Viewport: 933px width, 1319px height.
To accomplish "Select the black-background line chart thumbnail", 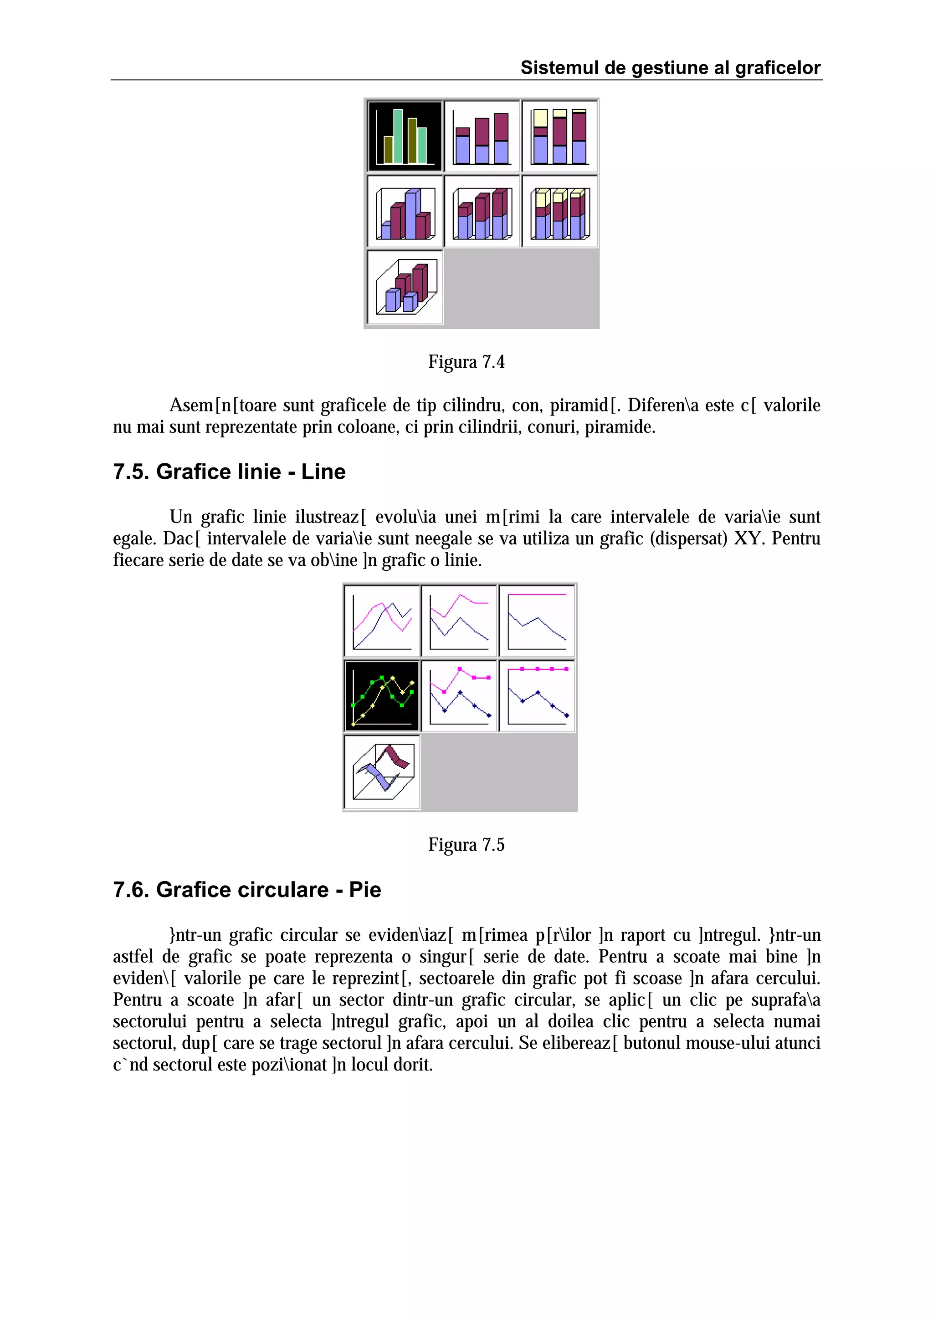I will [382, 696].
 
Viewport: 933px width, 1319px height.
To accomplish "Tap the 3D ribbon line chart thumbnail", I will [382, 771].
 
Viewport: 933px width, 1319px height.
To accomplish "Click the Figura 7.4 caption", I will [466, 362].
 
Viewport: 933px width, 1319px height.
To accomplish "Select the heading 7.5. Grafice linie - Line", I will [229, 472].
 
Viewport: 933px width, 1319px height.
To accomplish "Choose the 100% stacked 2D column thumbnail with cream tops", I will [559, 136].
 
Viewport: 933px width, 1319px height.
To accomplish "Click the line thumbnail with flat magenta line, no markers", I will [537, 621].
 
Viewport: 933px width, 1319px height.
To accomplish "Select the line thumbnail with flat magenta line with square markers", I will [537, 696].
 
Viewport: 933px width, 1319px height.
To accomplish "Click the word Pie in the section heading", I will [364, 889].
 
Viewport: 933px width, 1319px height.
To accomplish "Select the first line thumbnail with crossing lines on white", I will [382, 621].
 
